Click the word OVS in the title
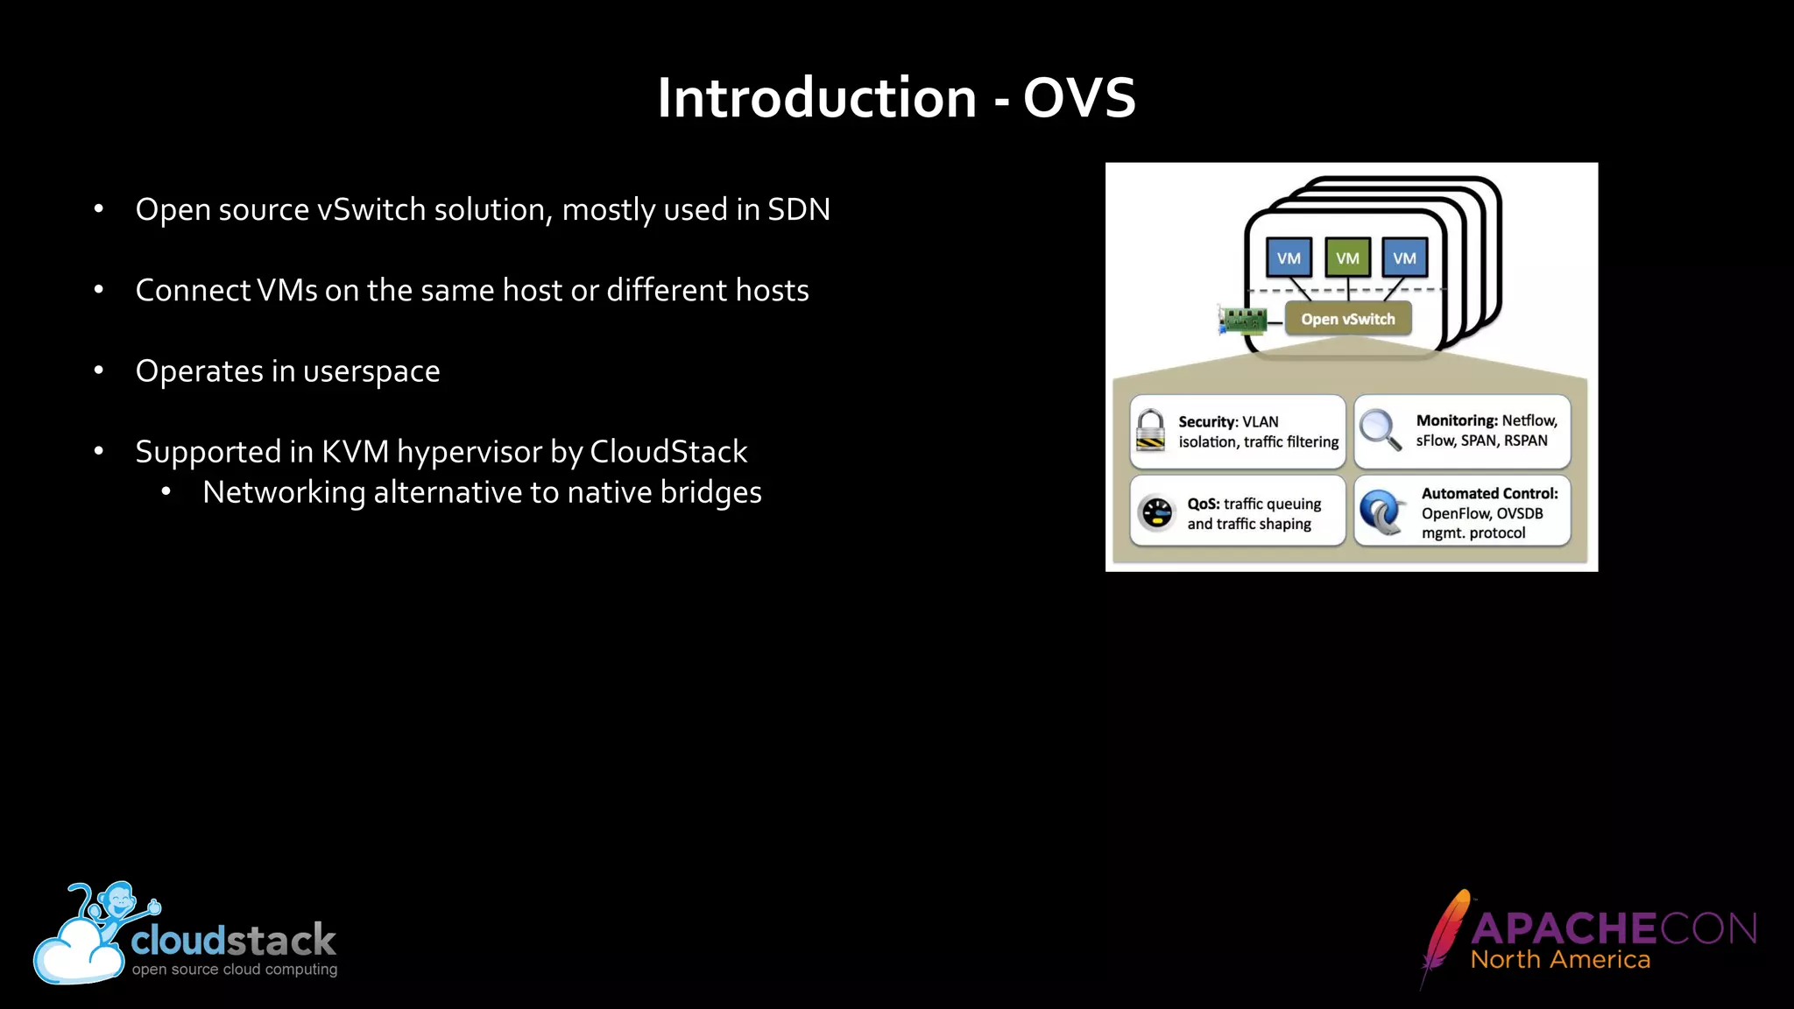click(x=1078, y=97)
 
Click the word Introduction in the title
click(x=816, y=97)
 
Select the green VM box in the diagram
click(x=1347, y=258)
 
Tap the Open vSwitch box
click(x=1347, y=319)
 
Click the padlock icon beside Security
click(x=1150, y=431)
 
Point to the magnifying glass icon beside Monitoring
click(x=1380, y=430)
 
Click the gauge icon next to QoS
click(x=1156, y=513)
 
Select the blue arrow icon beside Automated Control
click(x=1382, y=512)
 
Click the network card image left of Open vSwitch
click(x=1243, y=321)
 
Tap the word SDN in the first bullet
click(x=798, y=210)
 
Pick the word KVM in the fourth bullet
click(x=355, y=452)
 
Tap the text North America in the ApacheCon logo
click(x=1560, y=960)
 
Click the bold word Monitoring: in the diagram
click(x=1456, y=420)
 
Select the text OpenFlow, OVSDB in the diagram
click(x=1481, y=513)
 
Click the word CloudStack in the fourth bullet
click(x=668, y=452)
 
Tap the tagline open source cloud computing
click(x=234, y=970)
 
